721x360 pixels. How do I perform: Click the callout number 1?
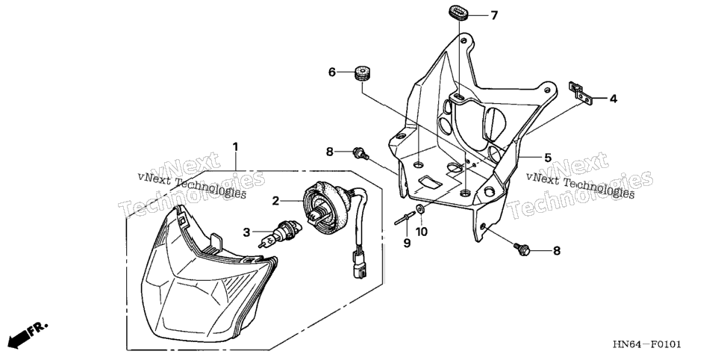(x=235, y=147)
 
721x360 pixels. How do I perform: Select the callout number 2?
(x=275, y=201)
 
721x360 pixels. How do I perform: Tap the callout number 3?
(x=246, y=232)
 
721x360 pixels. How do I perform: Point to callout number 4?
(x=614, y=99)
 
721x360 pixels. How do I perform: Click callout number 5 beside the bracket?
(x=548, y=158)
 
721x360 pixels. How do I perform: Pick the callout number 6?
(x=332, y=72)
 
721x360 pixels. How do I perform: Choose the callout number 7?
(x=494, y=16)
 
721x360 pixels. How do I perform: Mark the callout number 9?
(x=407, y=243)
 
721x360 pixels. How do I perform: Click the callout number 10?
(x=422, y=232)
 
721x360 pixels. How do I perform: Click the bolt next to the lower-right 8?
(x=522, y=249)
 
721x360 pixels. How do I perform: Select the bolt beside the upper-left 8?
(x=360, y=153)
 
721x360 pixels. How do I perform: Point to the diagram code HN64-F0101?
(x=646, y=345)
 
